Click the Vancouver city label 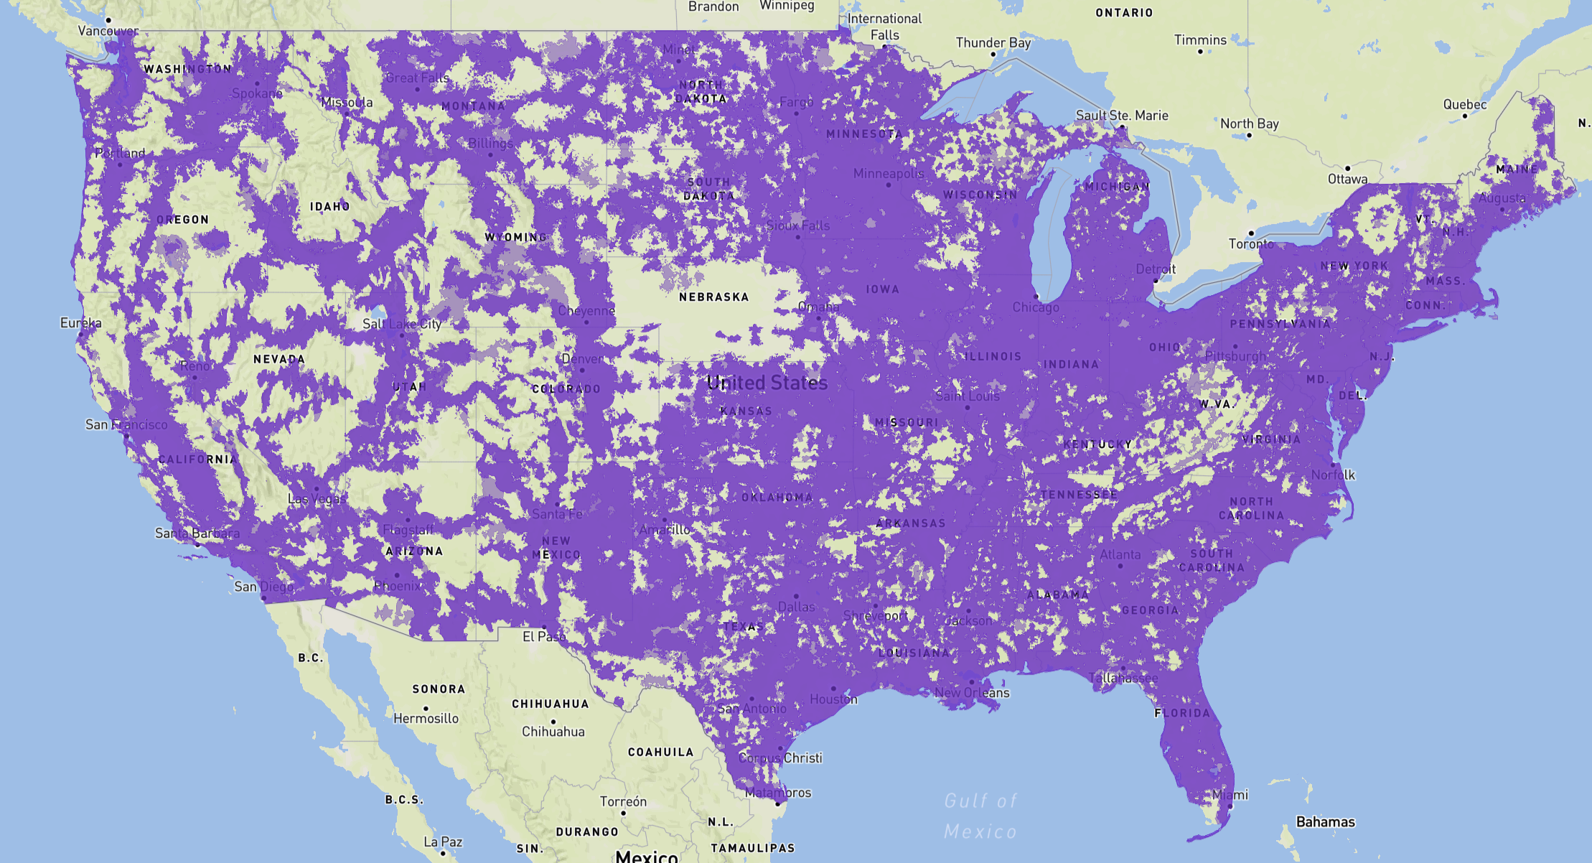point(108,31)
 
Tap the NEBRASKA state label point(713,297)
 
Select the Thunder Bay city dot point(993,54)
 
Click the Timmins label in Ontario point(1200,40)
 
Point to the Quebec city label point(1465,105)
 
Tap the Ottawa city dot point(1347,168)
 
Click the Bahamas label point(1325,822)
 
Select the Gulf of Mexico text point(980,816)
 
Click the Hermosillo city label point(426,719)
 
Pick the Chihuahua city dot point(553,721)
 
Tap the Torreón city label point(623,801)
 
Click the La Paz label point(443,841)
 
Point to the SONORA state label point(439,689)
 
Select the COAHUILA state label point(660,752)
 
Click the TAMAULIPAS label point(753,849)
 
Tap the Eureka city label point(80,323)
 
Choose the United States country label point(767,383)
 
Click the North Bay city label point(1250,123)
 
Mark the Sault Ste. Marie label point(1122,116)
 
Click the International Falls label point(884,27)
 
